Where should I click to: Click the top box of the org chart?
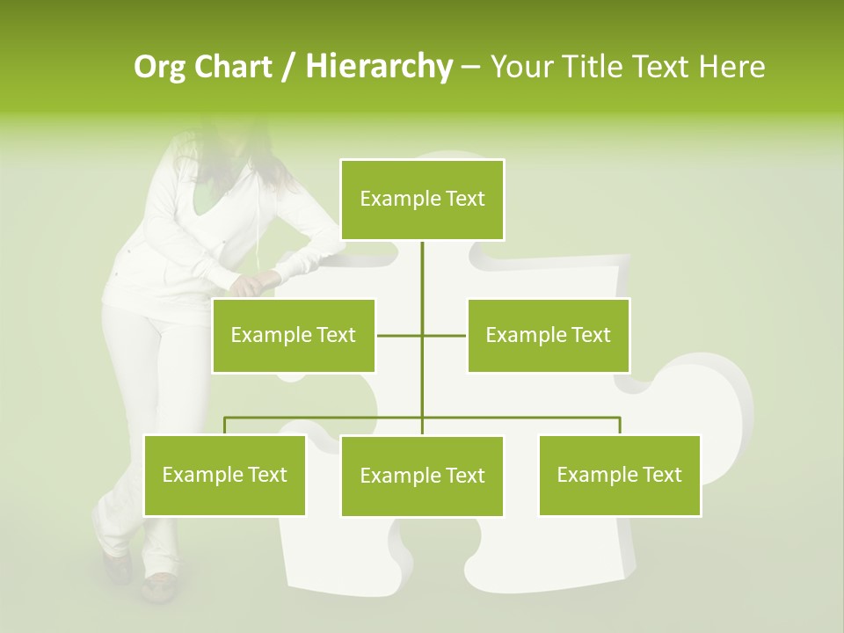[x=422, y=200]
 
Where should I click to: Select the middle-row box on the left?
[x=294, y=335]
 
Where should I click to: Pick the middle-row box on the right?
[x=548, y=335]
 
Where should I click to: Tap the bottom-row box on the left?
[x=224, y=475]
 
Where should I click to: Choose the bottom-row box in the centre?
[x=422, y=476]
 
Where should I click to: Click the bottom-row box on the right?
[x=619, y=475]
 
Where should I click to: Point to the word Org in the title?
[x=159, y=67]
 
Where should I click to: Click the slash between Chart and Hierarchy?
[x=288, y=68]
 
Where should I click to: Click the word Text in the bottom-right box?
[x=660, y=475]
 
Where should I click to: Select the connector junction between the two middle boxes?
[x=422, y=335]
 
